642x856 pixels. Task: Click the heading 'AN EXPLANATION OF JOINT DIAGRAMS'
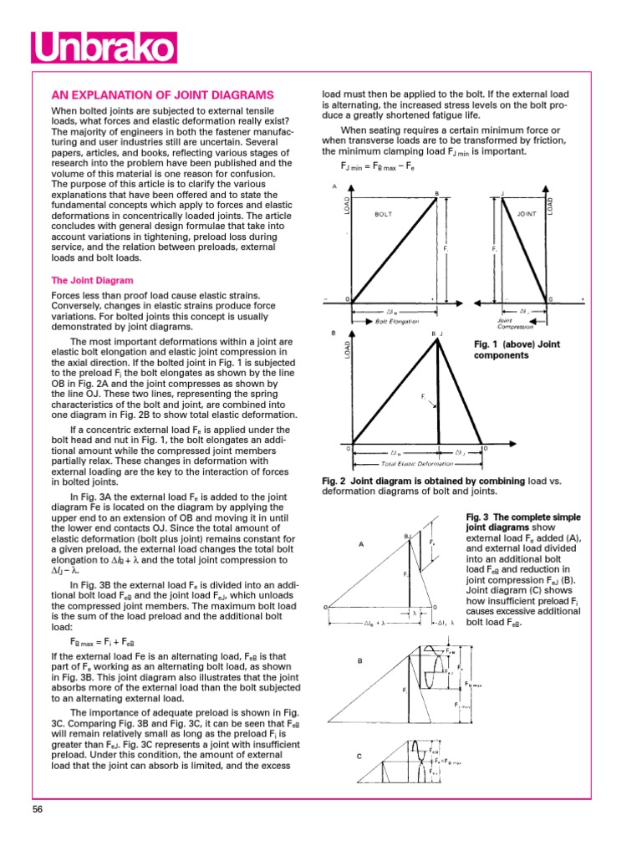[164, 94]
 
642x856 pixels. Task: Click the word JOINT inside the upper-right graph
[527, 214]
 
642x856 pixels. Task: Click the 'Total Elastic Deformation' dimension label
[410, 462]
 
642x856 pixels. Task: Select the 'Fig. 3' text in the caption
[480, 517]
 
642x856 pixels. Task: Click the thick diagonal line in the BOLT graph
[393, 248]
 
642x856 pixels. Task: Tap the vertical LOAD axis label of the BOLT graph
[347, 205]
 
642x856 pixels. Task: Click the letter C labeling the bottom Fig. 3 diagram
[359, 757]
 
